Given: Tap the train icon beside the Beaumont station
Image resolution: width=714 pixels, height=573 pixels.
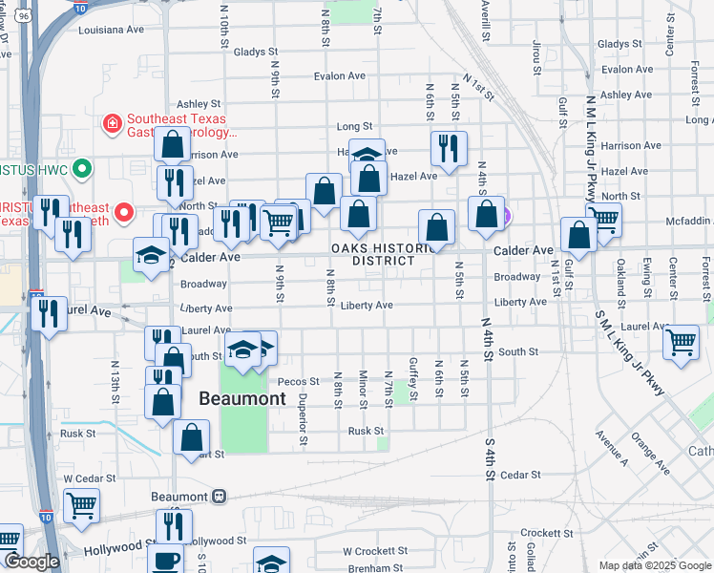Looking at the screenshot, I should point(220,497).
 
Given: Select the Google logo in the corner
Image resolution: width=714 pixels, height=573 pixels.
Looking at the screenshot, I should point(31,562).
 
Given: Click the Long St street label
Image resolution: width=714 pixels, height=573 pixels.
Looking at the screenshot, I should point(354,126).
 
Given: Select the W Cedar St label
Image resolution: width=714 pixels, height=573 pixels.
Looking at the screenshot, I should point(89,477).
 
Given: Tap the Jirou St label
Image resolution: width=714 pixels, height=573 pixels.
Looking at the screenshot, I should point(536,57).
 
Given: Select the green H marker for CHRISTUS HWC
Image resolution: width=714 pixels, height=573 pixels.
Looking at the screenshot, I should point(83,169).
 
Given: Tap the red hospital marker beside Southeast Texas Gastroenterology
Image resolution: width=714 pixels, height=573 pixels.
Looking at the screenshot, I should point(113,122).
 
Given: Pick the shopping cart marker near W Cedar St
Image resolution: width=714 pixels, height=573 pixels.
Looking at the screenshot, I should point(81,504).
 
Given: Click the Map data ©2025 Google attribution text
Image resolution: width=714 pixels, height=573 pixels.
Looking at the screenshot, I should point(654,565).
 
